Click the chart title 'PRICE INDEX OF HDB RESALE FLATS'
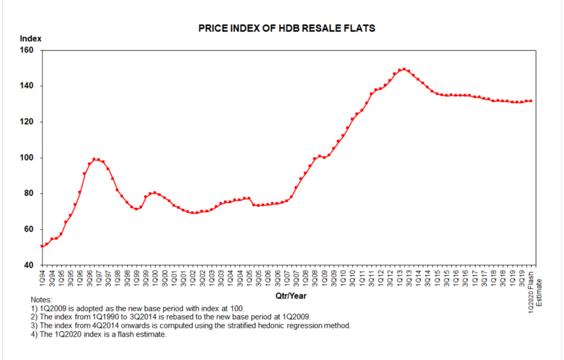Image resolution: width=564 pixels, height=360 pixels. (286, 28)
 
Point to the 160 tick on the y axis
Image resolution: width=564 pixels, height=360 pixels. (28, 51)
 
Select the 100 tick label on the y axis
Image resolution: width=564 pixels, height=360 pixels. (28, 158)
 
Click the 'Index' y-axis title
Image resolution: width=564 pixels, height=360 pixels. (30, 39)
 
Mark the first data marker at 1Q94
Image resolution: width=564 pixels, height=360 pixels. (42, 246)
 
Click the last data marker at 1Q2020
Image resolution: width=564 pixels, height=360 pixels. (530, 101)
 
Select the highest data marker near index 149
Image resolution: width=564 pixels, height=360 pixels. (404, 69)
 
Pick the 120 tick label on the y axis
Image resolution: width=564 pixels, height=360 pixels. (28, 122)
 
